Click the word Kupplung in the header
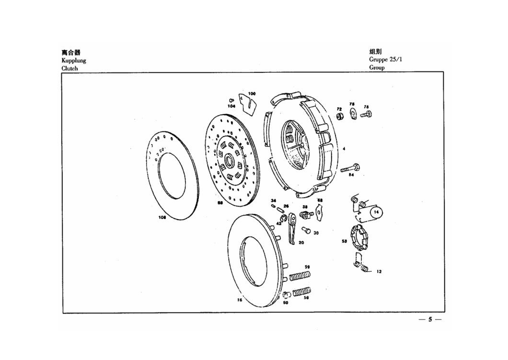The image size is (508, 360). point(73,60)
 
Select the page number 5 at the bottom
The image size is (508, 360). point(430,320)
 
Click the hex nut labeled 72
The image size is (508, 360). point(339,116)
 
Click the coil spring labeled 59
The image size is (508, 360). point(300,276)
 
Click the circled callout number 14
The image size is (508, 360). point(377,211)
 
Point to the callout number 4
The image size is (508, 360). point(344,149)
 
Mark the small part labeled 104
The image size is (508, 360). point(231,100)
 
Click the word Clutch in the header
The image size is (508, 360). point(69,68)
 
